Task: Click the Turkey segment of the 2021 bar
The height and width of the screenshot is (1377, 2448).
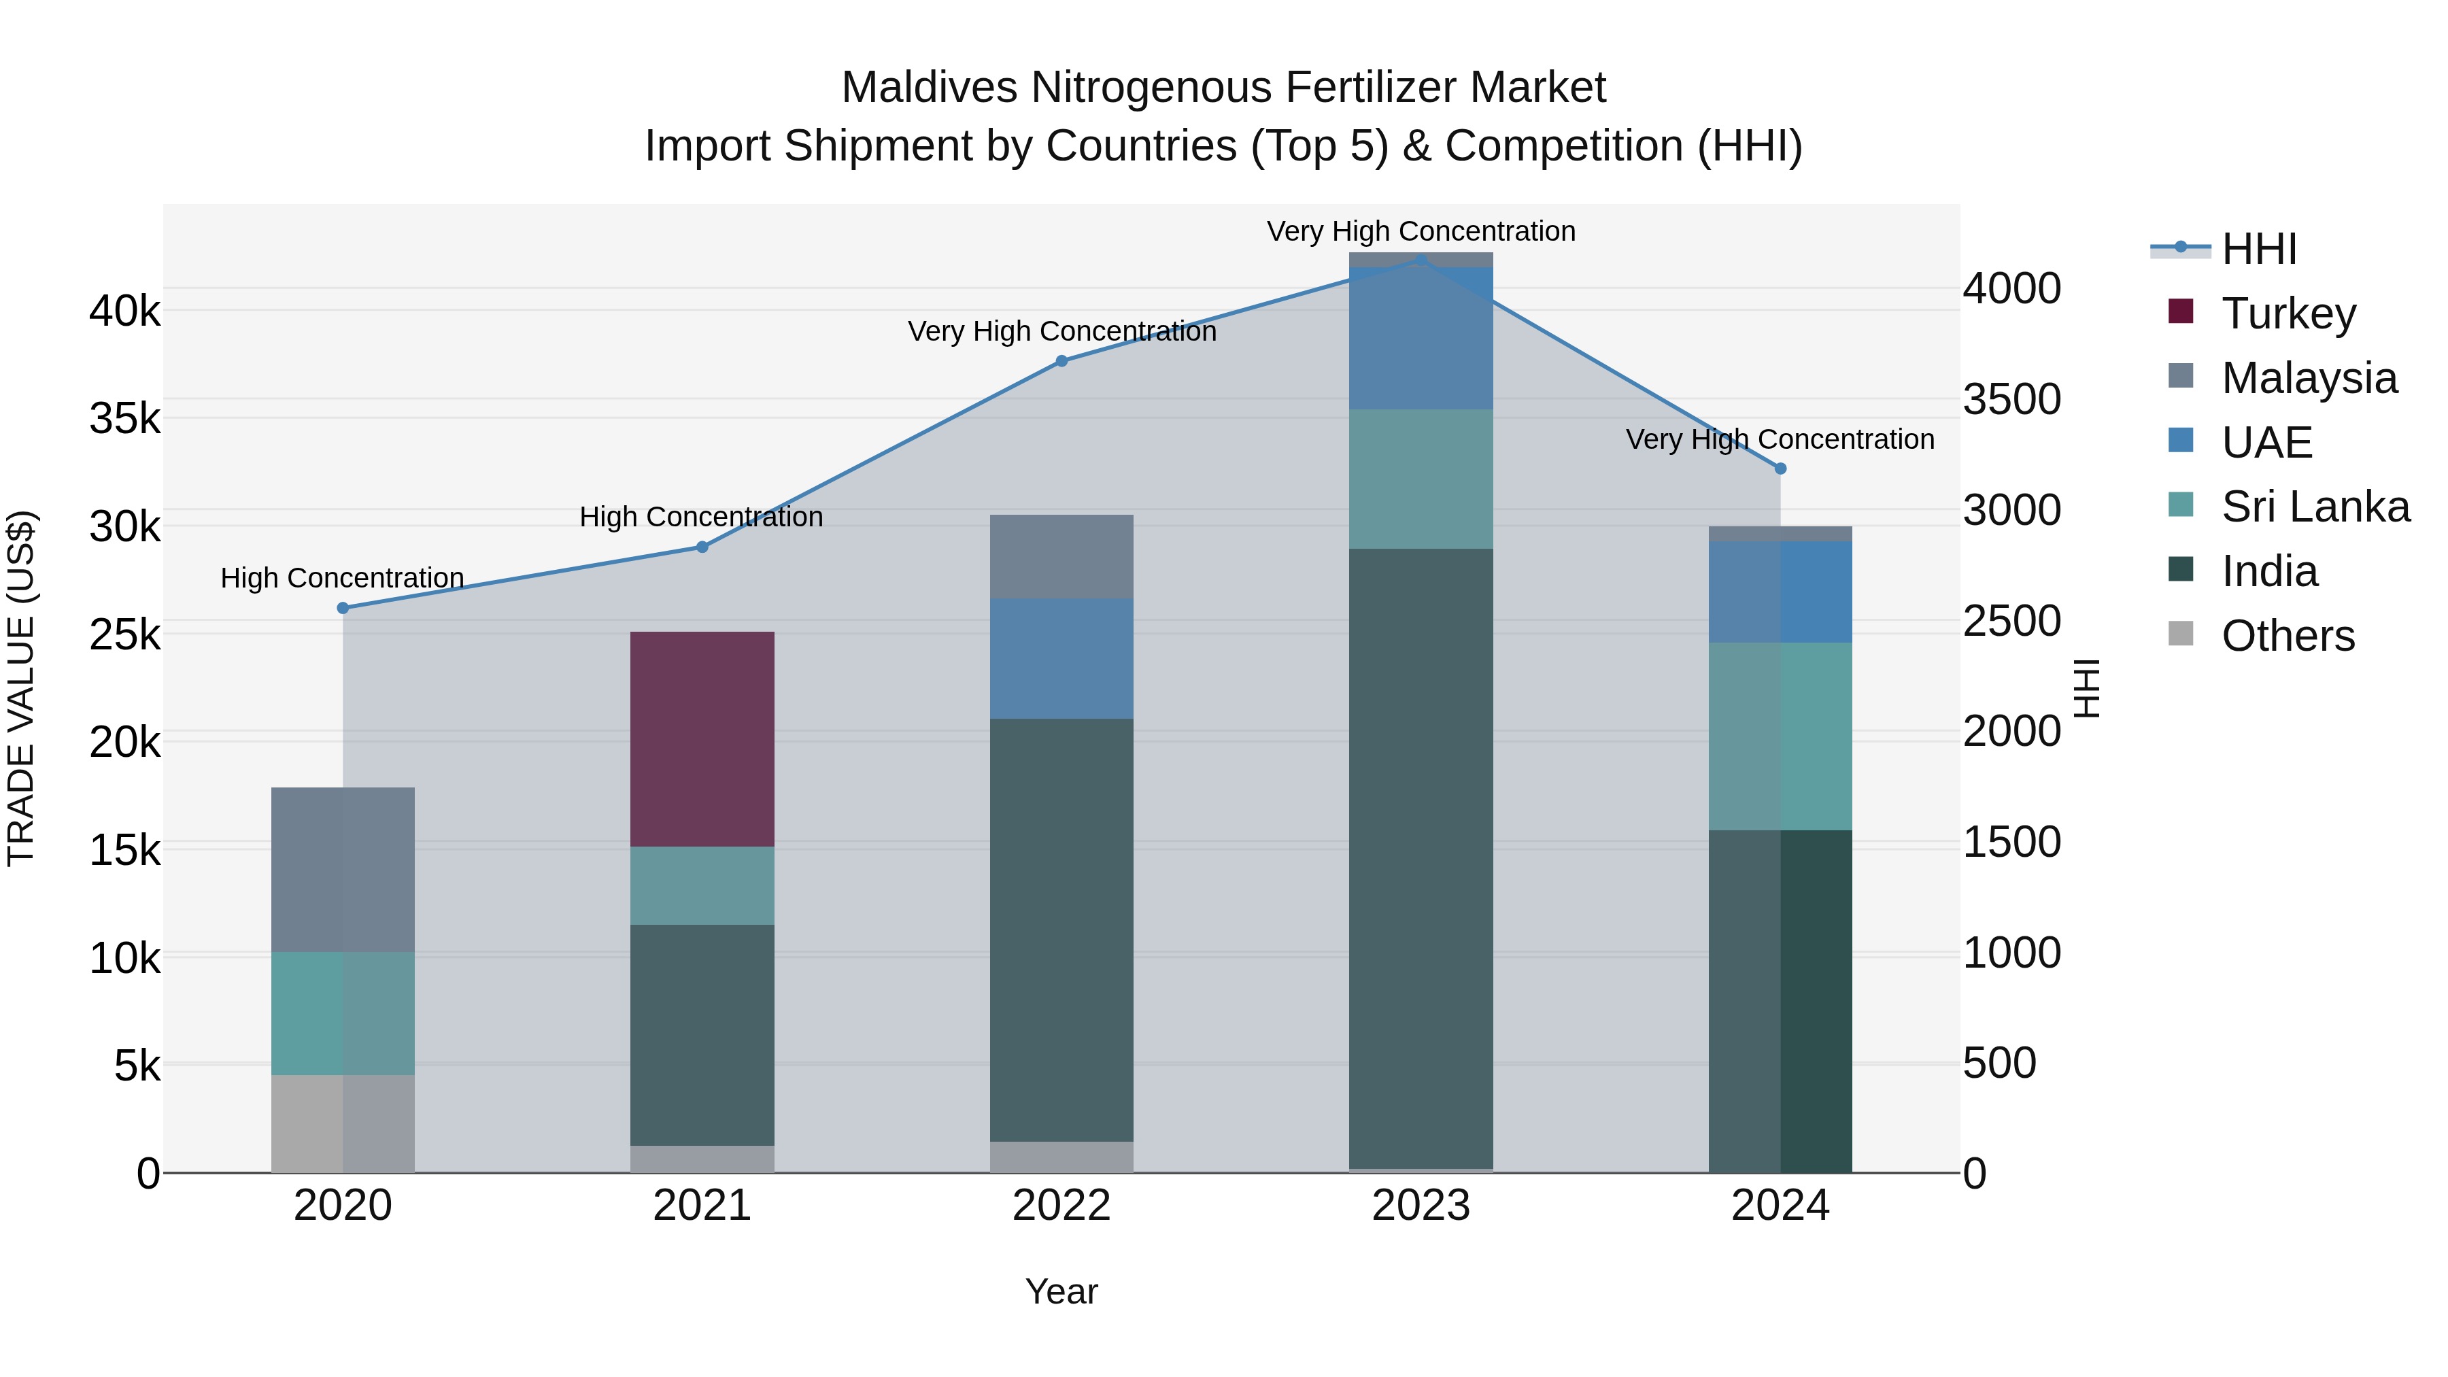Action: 702,738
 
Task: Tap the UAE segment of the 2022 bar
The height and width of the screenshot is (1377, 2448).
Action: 1061,658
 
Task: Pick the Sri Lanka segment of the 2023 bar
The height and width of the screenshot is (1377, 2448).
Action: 1421,479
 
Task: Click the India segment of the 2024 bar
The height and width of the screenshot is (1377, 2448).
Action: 1780,1001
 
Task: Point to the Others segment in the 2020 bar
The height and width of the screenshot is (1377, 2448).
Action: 343,1123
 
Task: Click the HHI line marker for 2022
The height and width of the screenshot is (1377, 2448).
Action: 1061,361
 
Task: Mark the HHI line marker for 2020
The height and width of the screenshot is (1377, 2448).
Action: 343,608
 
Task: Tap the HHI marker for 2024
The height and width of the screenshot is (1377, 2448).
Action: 1780,469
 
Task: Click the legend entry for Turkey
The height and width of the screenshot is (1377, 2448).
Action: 2288,313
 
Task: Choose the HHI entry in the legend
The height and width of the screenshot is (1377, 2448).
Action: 2259,249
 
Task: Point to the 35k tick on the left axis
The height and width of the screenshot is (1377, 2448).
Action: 125,418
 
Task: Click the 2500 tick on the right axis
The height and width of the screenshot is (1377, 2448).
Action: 2012,622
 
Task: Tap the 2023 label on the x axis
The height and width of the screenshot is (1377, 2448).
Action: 1421,1206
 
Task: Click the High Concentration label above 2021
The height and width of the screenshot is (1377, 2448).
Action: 701,517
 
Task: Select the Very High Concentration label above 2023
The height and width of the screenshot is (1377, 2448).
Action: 1421,231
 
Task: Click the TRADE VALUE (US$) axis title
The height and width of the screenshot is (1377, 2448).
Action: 22,688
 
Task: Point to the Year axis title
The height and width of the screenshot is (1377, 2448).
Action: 1061,1291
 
